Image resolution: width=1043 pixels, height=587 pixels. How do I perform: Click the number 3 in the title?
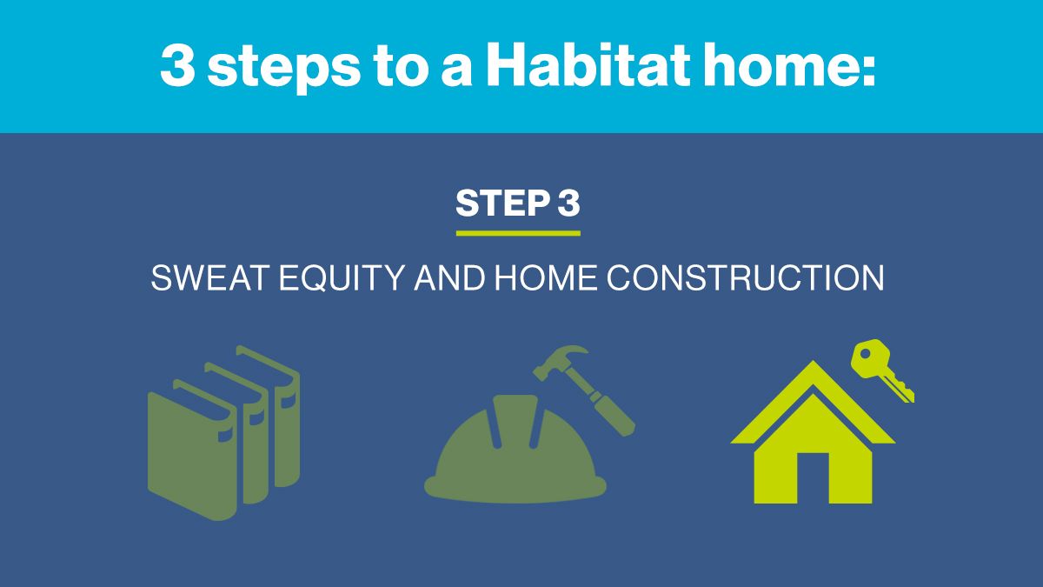click(x=177, y=66)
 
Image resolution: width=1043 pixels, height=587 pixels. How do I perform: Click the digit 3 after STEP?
click(x=568, y=203)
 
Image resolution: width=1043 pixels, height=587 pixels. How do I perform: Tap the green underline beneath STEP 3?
click(x=518, y=233)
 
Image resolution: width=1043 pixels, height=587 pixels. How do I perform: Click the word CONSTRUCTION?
click(x=745, y=278)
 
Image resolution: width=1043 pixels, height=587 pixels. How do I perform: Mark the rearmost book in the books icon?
click(x=282, y=417)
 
